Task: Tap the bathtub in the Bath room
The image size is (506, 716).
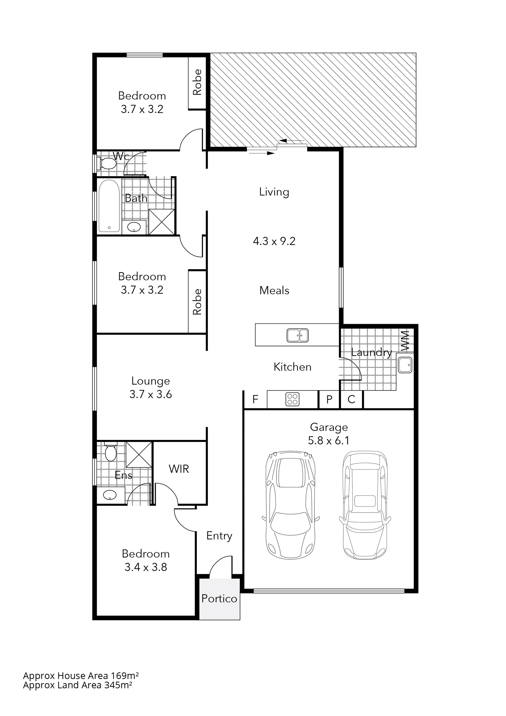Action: [x=109, y=206]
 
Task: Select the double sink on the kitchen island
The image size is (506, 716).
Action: [x=297, y=335]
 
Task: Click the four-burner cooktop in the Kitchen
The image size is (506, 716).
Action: [x=292, y=399]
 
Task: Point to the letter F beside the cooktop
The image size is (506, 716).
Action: [x=255, y=399]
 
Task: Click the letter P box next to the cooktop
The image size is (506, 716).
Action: [x=329, y=399]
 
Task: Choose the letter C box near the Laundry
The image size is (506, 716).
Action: [x=351, y=399]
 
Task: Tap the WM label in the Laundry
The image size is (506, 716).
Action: [x=405, y=341]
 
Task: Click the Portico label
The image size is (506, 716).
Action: [x=219, y=598]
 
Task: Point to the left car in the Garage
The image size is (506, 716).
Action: [x=291, y=504]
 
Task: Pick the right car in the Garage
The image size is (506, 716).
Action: [x=365, y=504]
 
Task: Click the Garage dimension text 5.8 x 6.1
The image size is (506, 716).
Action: [x=329, y=440]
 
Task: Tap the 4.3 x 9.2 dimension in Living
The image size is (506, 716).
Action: [x=274, y=241]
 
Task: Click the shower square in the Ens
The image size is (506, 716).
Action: [x=139, y=455]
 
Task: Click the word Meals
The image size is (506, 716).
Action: [x=274, y=290]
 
